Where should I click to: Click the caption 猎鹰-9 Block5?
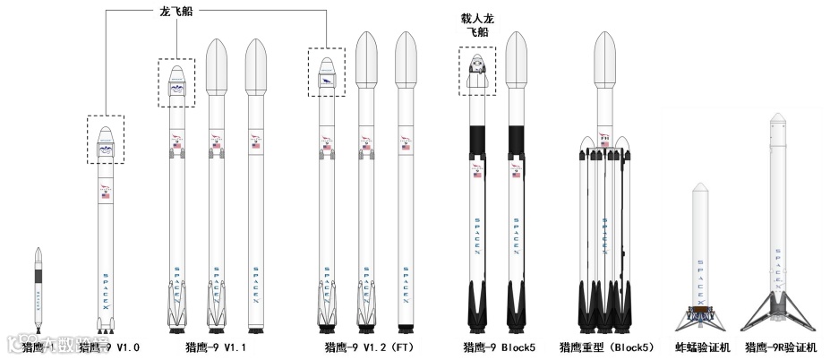click(x=498, y=347)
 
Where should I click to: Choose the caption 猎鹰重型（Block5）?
click(x=606, y=347)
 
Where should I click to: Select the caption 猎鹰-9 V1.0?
click(x=110, y=347)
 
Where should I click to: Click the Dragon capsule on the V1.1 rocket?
click(x=176, y=83)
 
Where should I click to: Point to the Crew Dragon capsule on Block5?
click(x=478, y=73)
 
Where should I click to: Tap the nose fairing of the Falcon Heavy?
click(x=605, y=54)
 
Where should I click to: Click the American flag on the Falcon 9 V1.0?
click(x=106, y=196)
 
